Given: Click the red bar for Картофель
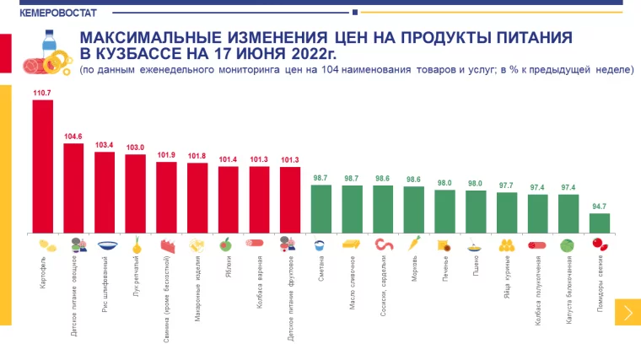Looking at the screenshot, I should [42, 166].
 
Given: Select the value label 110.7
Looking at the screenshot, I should [42, 92].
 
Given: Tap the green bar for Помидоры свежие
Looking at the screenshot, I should [599, 223].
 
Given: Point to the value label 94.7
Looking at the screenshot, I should [599, 206].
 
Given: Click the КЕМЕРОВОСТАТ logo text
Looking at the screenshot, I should [42, 12].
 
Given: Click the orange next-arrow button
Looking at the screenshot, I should [628, 312].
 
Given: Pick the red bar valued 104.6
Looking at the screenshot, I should [73, 188].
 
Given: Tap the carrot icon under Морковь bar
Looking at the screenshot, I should [413, 244].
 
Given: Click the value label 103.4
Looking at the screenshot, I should [105, 144].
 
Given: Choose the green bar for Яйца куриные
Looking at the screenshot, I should [506, 212].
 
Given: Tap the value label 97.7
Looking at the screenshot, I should [506, 185].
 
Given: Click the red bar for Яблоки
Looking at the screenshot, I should [228, 199].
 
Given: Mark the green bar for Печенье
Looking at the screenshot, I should [444, 211].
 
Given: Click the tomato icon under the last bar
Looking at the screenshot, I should [600, 244].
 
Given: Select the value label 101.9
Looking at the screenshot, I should [166, 154].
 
